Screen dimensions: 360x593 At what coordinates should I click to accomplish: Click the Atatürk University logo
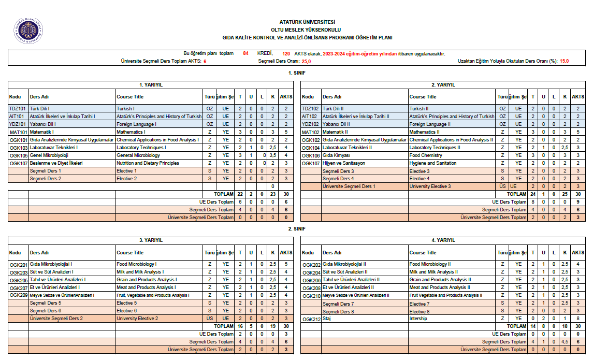[28, 30]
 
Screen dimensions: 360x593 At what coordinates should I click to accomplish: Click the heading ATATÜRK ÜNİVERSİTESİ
[307, 22]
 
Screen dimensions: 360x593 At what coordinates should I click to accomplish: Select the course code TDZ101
[18, 109]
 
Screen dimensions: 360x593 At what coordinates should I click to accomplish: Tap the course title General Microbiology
[138, 155]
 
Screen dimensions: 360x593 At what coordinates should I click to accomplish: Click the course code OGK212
[311, 319]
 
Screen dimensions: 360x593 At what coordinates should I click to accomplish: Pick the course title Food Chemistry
[426, 155]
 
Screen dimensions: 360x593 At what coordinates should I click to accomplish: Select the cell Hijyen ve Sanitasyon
[343, 163]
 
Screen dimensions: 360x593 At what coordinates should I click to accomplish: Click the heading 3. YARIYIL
[151, 240]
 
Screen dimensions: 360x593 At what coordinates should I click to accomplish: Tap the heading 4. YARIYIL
[444, 240]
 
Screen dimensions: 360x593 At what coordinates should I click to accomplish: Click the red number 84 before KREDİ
[245, 53]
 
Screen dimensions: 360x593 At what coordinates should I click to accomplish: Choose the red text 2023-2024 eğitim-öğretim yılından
[359, 53]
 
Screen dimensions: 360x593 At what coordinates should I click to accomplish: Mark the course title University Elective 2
[137, 319]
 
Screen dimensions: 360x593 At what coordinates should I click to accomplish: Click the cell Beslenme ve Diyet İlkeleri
[55, 163]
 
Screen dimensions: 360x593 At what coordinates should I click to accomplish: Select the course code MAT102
[311, 132]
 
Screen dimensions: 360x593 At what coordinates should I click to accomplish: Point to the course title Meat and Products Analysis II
[440, 287]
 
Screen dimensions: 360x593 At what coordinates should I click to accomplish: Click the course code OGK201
[19, 264]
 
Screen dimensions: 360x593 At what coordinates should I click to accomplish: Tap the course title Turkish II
[419, 109]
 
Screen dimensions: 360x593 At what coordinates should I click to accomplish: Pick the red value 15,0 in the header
[564, 61]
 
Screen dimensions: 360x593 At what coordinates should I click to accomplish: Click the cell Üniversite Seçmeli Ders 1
[349, 186]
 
